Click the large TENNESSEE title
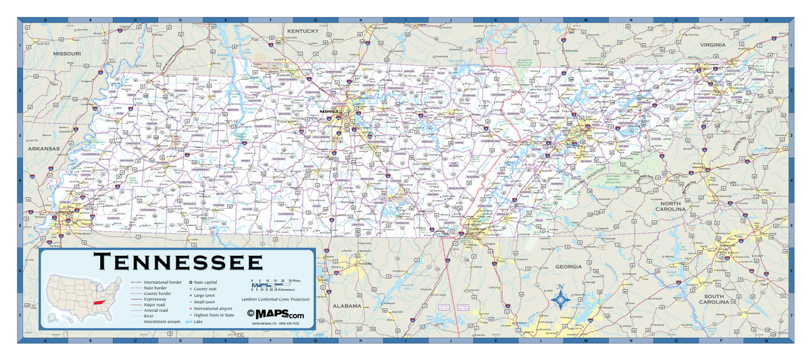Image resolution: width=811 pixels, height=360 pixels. tap(178, 262)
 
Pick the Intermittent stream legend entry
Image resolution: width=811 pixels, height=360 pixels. tap(162, 322)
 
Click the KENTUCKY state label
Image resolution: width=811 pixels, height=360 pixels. tap(301, 32)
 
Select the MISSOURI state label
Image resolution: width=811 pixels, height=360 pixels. tap(67, 53)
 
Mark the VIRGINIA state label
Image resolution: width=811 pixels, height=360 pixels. tap(712, 45)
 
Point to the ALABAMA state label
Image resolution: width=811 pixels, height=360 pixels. tap(347, 305)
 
